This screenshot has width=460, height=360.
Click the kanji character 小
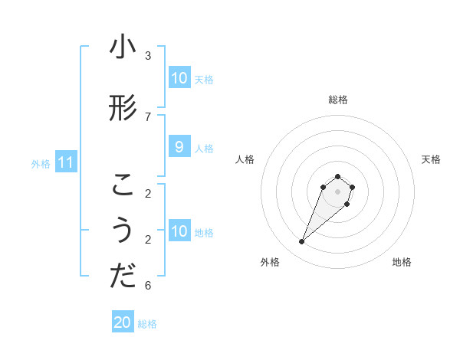click(x=123, y=47)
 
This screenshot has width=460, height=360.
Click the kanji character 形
click(x=123, y=108)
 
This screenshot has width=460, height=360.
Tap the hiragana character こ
click(x=123, y=185)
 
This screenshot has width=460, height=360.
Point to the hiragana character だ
click(x=123, y=277)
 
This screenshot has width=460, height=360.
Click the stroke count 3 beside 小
click(x=148, y=56)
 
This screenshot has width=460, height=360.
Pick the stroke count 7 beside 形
click(x=148, y=116)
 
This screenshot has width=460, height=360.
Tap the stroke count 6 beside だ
click(x=148, y=286)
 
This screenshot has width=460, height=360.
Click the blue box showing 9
click(x=179, y=147)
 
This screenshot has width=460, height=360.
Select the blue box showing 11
click(x=66, y=162)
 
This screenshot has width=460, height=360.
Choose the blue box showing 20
click(x=123, y=322)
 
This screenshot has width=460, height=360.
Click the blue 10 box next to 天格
click(x=179, y=78)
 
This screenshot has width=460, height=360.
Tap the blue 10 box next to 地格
click(x=179, y=231)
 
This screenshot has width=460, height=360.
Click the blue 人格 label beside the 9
click(x=204, y=148)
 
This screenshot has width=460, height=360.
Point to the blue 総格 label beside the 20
click(x=147, y=323)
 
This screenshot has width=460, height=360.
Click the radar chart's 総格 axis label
click(x=337, y=100)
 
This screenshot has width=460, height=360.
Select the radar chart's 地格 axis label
click(x=402, y=263)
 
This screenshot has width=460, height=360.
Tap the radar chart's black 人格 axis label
click(x=245, y=159)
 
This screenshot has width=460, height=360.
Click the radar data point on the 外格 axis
click(x=302, y=242)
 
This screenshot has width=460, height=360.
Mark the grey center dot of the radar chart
click(x=337, y=191)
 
